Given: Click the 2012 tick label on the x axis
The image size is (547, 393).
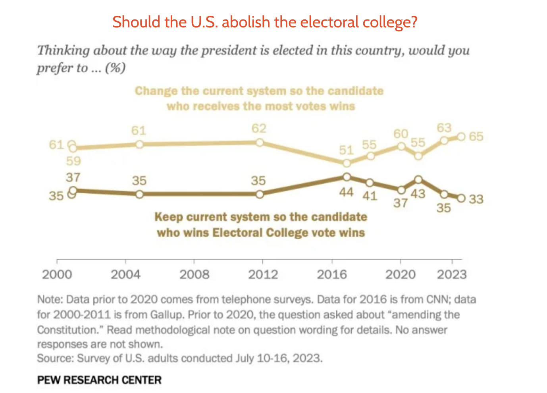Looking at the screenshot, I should [263, 274].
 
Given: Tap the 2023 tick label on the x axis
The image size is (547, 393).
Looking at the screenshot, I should [452, 274].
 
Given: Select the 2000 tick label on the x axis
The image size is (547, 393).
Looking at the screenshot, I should [57, 274].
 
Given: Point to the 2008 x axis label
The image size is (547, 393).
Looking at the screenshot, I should [194, 274].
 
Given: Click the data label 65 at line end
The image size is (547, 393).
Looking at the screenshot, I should [476, 137].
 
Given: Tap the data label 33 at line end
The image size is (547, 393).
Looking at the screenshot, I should [476, 199].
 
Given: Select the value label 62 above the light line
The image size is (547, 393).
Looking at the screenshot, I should [259, 128].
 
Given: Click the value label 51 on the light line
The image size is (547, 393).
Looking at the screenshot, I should [346, 150].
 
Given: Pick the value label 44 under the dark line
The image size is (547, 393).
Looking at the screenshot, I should [346, 192].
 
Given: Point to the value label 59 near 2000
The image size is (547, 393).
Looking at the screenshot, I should [73, 161].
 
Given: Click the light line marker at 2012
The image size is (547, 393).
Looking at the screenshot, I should [259, 142].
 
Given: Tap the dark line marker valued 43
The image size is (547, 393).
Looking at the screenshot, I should [418, 179].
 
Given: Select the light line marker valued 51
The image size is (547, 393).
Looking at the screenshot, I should [347, 163].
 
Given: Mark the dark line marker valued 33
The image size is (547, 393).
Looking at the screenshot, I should [461, 198].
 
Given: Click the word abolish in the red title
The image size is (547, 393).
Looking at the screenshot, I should [246, 22].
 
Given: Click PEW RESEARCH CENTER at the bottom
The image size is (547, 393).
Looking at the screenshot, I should [99, 380].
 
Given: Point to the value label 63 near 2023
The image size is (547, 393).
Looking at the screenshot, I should [444, 128].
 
